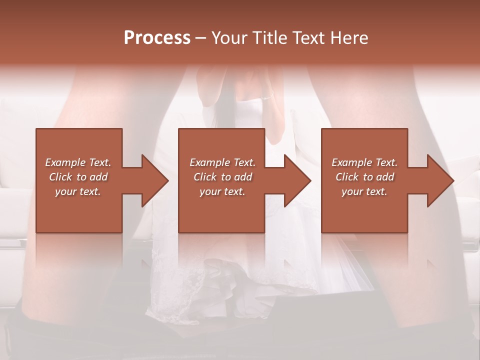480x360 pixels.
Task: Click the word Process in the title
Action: pos(157,38)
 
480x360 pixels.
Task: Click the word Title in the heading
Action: pos(269,38)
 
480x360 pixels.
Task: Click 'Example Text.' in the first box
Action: pos(78,162)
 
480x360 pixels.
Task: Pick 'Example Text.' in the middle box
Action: pos(222,162)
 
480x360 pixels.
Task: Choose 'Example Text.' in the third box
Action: pos(364,162)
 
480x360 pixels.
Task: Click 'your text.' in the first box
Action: pos(78,191)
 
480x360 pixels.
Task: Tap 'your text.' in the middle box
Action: pos(222,191)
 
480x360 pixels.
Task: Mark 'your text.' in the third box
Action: pos(364,191)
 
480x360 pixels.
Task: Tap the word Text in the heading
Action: pos(308,38)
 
